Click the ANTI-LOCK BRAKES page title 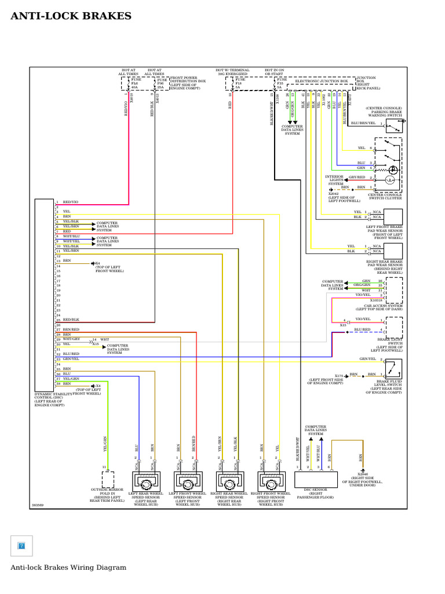click(x=71, y=16)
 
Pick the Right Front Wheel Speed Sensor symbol click(x=270, y=481)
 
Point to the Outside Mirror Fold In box click(x=108, y=479)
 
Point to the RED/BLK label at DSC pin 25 click(x=71, y=320)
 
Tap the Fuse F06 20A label click(x=161, y=85)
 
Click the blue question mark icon click(x=21, y=546)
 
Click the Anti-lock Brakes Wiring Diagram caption click(x=68, y=567)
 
